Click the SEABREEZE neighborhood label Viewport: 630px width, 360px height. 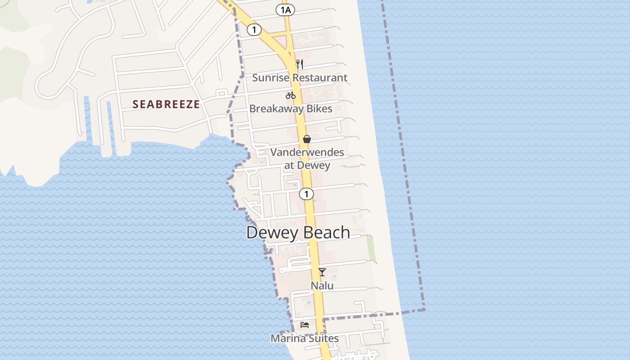point(166,104)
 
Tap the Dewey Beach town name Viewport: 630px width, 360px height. point(298,233)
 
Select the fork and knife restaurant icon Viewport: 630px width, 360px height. point(300,64)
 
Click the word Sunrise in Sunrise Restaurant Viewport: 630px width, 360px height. point(269,77)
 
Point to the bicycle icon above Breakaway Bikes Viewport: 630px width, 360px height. point(291,95)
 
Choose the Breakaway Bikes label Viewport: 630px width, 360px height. point(291,108)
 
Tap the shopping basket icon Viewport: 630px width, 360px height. point(307,139)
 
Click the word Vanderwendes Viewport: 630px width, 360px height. point(307,152)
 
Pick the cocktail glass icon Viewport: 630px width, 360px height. point(322,272)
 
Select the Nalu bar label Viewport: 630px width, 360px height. point(322,285)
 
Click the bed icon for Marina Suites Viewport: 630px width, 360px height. point(305,324)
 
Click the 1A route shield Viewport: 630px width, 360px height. point(285,10)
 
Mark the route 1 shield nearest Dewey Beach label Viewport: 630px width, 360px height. point(306,194)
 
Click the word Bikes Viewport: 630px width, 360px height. point(318,108)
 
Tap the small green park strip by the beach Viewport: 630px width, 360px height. point(371,248)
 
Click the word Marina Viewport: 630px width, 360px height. point(287,338)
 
